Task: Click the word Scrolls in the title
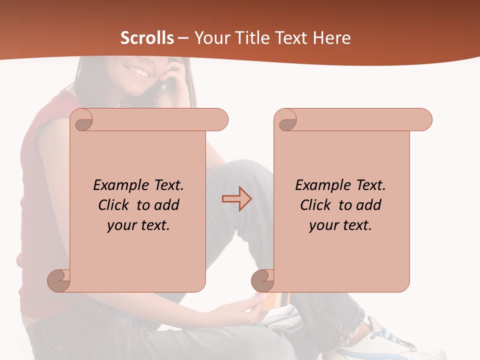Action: click(147, 38)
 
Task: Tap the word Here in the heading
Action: click(331, 38)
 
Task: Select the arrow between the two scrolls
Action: click(236, 199)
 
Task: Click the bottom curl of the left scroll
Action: click(59, 280)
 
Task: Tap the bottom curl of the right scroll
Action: click(263, 280)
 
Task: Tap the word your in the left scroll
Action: click(120, 225)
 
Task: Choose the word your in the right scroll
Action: click(322, 225)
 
